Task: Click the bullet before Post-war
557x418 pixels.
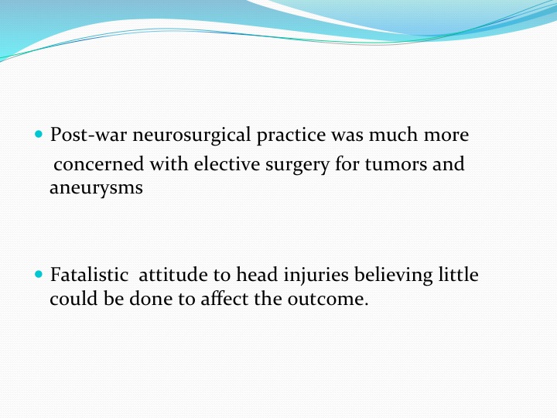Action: tap(39, 135)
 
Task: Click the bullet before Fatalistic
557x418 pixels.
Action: tap(39, 274)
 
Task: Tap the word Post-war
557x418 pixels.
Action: tap(88, 135)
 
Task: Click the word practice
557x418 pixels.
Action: tap(291, 136)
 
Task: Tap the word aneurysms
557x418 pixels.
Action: tap(96, 188)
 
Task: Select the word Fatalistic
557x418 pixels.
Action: tap(89, 274)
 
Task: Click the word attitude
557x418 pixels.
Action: tap(173, 274)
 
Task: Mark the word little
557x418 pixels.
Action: tap(458, 274)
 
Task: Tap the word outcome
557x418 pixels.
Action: tap(328, 299)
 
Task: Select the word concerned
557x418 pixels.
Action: tap(99, 164)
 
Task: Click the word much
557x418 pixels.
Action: tap(393, 135)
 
